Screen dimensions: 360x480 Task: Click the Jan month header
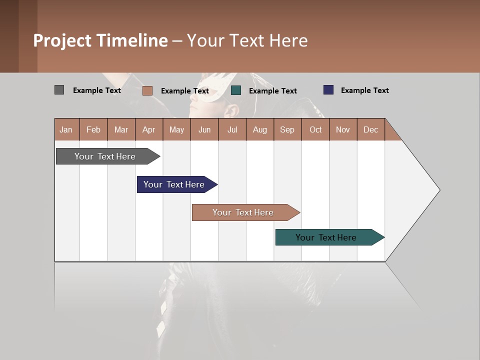[x=66, y=129]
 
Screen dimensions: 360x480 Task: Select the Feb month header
[x=93, y=129]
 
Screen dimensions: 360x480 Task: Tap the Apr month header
[x=148, y=129]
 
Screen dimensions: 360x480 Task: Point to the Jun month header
[x=204, y=129]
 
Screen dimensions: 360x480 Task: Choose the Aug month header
[x=259, y=129]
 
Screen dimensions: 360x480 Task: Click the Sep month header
[x=287, y=129]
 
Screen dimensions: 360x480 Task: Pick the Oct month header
[x=315, y=129]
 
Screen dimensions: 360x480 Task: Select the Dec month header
[x=370, y=129]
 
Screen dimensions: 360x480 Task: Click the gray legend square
[x=59, y=90]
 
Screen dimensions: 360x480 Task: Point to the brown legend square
[x=147, y=90]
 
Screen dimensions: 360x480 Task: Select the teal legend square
[x=236, y=90]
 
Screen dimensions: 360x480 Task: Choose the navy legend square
[x=328, y=90]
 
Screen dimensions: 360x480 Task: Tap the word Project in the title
[x=62, y=40]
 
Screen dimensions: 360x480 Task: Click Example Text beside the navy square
[x=364, y=90]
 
